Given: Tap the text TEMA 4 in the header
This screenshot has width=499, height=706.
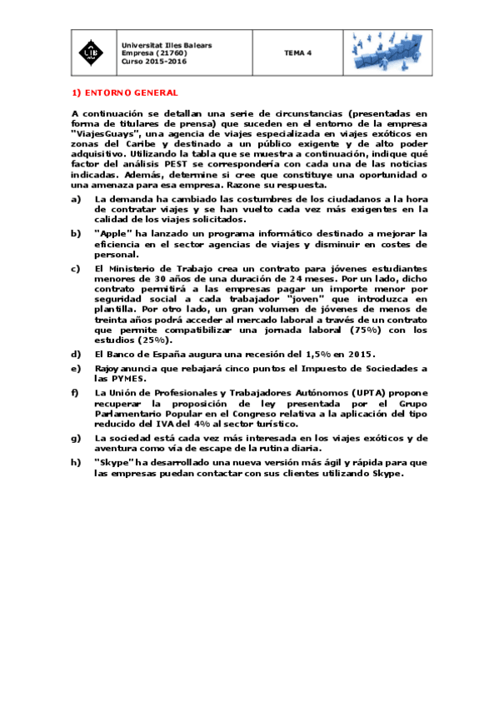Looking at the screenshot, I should [x=297, y=52].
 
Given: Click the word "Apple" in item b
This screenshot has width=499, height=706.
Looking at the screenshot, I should [x=112, y=233].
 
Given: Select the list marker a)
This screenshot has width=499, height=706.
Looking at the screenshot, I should [x=76, y=200].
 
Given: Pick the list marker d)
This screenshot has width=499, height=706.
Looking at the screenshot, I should [x=76, y=354].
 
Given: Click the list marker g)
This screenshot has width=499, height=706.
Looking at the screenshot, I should [x=76, y=437].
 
